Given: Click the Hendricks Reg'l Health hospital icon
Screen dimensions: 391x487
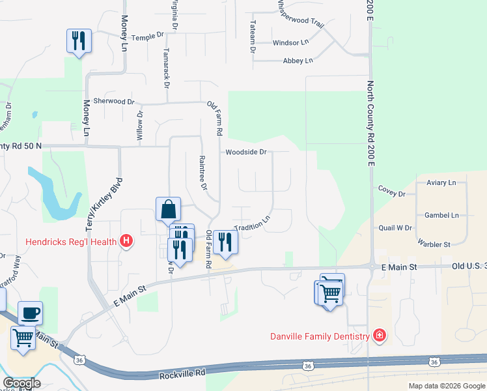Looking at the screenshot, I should point(127,242).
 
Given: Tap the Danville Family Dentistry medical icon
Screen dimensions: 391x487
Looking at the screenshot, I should point(379,336).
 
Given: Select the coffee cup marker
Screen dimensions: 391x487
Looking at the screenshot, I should point(30,313).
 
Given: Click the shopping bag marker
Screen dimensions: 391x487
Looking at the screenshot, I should point(168,209).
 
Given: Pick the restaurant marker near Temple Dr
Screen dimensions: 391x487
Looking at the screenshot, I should point(79,41).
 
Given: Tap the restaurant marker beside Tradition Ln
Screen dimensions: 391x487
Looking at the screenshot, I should point(225,242).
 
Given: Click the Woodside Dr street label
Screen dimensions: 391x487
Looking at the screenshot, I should point(246,152).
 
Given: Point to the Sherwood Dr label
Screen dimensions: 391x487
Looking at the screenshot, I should point(113,101).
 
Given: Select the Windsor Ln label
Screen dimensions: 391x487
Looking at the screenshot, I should point(290,42).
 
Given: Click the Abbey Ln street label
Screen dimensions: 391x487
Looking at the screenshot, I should point(298,61).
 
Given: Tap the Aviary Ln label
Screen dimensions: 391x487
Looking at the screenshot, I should point(441,183).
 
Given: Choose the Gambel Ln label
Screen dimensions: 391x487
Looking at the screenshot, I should point(441,215).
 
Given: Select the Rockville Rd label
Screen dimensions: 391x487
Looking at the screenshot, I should point(182,377).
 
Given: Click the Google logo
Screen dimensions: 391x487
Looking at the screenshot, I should point(21,383).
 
